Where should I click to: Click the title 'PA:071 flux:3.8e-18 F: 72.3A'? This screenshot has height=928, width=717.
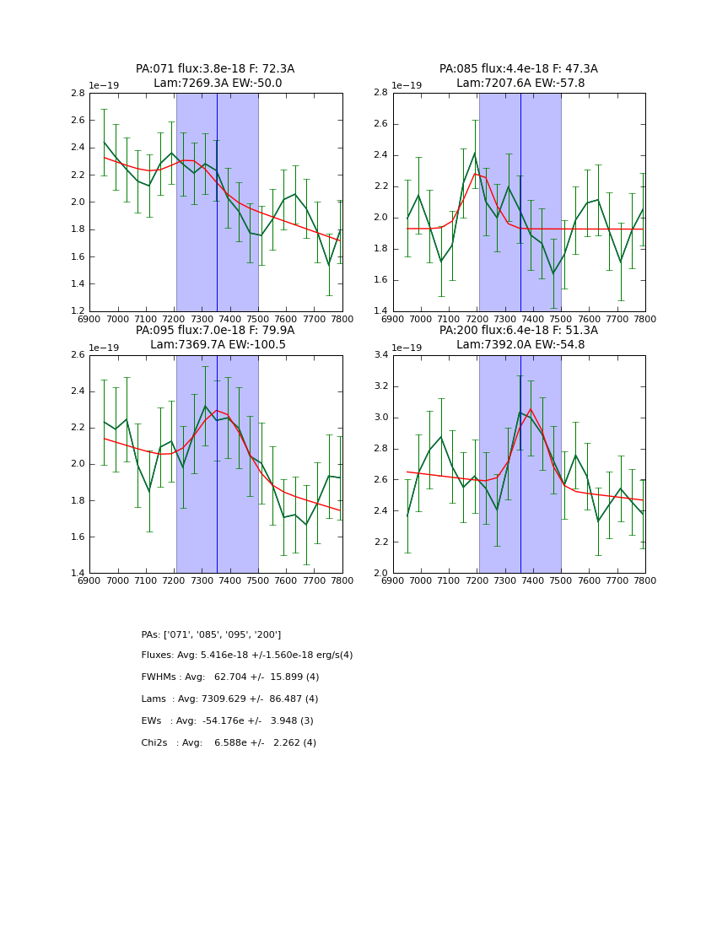215,69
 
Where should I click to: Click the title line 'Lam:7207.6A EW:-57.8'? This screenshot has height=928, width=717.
520,84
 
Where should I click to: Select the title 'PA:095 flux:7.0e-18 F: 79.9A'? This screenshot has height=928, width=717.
215,331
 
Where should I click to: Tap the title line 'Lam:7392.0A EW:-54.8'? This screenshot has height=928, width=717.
520,345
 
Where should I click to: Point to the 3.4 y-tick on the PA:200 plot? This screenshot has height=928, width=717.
380,355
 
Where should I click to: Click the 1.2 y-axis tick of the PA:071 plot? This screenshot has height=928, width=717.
77,311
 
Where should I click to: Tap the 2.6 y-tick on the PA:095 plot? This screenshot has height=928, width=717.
77,355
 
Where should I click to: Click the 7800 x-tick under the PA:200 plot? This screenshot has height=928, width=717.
644,581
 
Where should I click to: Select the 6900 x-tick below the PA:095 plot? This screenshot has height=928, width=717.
89,581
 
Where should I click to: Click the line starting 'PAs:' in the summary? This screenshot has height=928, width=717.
211,634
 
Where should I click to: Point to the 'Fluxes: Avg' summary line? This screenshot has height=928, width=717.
247,656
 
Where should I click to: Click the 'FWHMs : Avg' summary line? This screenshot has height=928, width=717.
230,677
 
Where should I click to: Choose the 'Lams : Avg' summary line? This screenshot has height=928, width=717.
229,699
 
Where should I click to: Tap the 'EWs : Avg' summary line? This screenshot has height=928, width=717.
227,721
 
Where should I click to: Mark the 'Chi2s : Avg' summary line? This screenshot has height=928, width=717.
229,743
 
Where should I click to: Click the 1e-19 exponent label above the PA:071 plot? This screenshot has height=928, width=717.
105,85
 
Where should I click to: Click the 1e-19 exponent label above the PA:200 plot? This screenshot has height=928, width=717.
409,348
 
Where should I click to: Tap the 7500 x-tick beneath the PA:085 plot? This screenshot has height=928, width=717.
561,320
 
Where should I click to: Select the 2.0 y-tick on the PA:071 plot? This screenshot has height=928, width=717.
77,202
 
